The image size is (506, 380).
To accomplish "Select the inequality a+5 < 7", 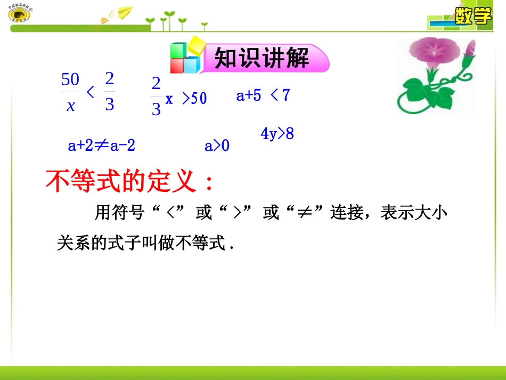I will tap(263, 95).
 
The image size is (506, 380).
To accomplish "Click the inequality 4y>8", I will tap(277, 134).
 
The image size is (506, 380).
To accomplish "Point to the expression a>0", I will tap(217, 145).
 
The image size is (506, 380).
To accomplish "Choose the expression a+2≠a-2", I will tap(102, 145).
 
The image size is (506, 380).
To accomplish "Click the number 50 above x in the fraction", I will tap(70, 80).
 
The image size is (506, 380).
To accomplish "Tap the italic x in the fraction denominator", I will tap(70, 106).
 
